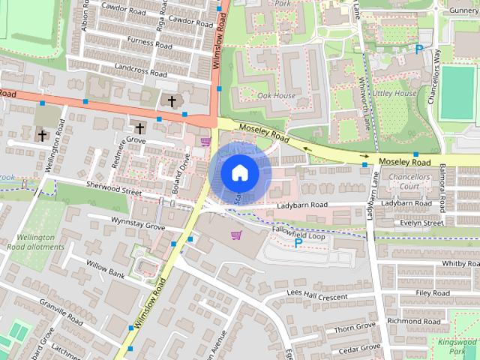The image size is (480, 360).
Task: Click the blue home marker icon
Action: point(239,172)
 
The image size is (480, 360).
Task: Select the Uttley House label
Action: point(394,93)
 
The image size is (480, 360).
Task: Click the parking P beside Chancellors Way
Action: point(419,49)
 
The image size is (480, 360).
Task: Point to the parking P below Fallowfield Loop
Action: point(298,243)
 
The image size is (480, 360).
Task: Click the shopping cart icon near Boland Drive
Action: point(205,141)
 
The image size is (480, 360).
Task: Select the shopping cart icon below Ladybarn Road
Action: point(236,235)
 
